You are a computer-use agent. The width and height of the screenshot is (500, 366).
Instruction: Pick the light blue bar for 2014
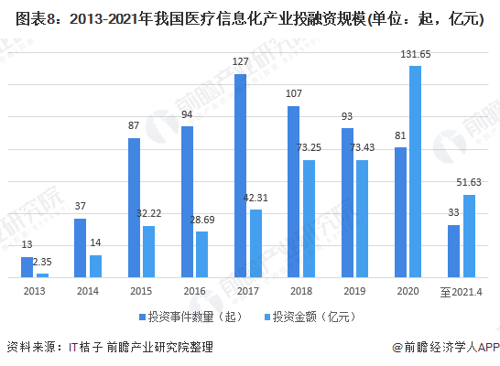click(95, 266)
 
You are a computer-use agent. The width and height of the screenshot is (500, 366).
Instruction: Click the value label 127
click(240, 63)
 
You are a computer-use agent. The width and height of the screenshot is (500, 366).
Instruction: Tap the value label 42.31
click(255, 198)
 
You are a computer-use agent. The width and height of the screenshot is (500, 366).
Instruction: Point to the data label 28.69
click(202, 221)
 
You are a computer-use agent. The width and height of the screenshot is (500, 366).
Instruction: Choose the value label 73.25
click(309, 148)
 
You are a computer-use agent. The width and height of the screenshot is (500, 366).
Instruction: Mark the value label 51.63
click(470, 184)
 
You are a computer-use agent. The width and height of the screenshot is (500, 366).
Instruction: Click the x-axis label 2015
click(141, 290)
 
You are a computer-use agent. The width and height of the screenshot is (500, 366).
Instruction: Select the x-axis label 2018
click(301, 290)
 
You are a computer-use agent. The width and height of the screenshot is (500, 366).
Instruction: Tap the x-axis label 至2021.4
click(461, 290)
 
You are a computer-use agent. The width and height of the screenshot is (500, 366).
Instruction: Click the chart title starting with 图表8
click(249, 19)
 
